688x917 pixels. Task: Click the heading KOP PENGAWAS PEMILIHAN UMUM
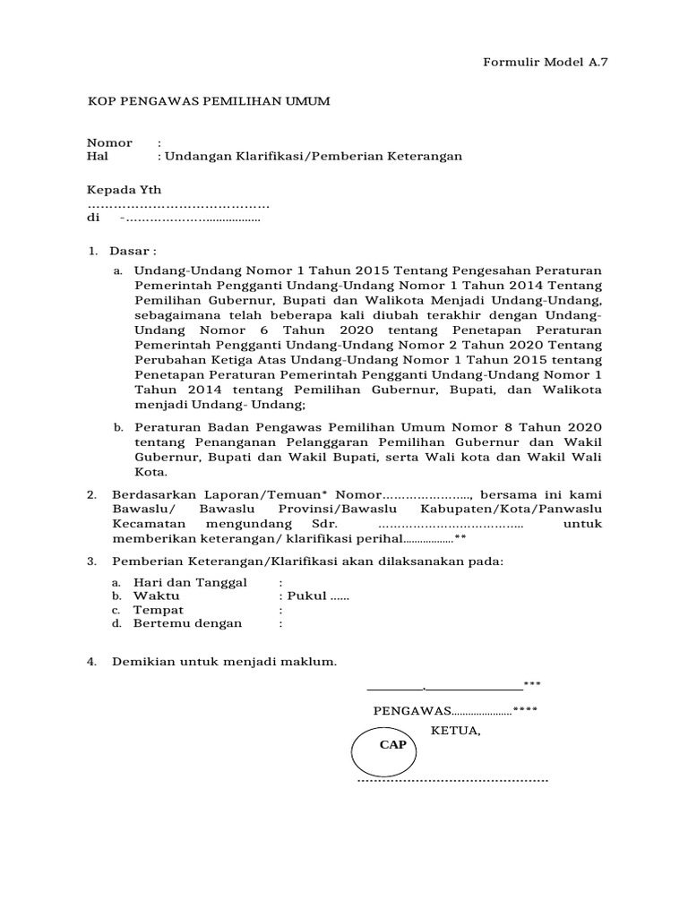pos(208,102)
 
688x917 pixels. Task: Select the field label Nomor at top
pos(109,143)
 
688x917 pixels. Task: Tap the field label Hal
pos(96,157)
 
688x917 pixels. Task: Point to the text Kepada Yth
pos(124,190)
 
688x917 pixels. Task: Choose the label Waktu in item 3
pos(157,596)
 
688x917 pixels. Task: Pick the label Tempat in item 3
pos(159,610)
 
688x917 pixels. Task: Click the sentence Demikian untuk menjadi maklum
pos(224,663)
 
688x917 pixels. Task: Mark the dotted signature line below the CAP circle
pos(452,781)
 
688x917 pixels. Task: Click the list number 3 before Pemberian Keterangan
pos(90,561)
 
